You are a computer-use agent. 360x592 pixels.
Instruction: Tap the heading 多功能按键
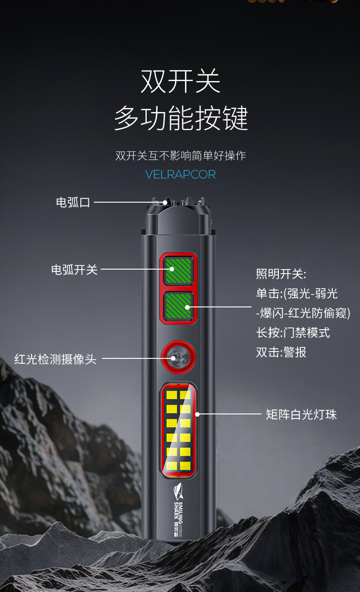pyautogui.click(x=180, y=118)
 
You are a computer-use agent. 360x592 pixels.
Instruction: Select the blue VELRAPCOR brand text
pyautogui.click(x=180, y=174)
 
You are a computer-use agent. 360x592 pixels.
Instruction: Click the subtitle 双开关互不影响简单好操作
pyautogui.click(x=180, y=156)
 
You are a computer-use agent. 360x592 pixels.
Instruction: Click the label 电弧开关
pyautogui.click(x=74, y=270)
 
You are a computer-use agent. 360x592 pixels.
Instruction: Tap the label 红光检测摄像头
pyautogui.click(x=56, y=359)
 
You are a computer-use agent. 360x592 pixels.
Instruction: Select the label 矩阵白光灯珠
pyautogui.click(x=301, y=414)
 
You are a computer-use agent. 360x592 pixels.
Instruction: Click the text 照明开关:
pyautogui.click(x=281, y=274)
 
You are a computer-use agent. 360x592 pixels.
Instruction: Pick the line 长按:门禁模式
pyautogui.click(x=293, y=333)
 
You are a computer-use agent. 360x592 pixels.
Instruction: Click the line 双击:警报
pyautogui.click(x=281, y=352)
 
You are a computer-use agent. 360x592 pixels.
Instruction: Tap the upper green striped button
pyautogui.click(x=179, y=270)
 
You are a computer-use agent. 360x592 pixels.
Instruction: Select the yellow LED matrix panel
pyautogui.click(x=179, y=429)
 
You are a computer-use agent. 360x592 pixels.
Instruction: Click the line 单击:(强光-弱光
pyautogui.click(x=297, y=294)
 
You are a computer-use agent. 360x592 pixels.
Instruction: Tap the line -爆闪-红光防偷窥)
pyautogui.click(x=303, y=313)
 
